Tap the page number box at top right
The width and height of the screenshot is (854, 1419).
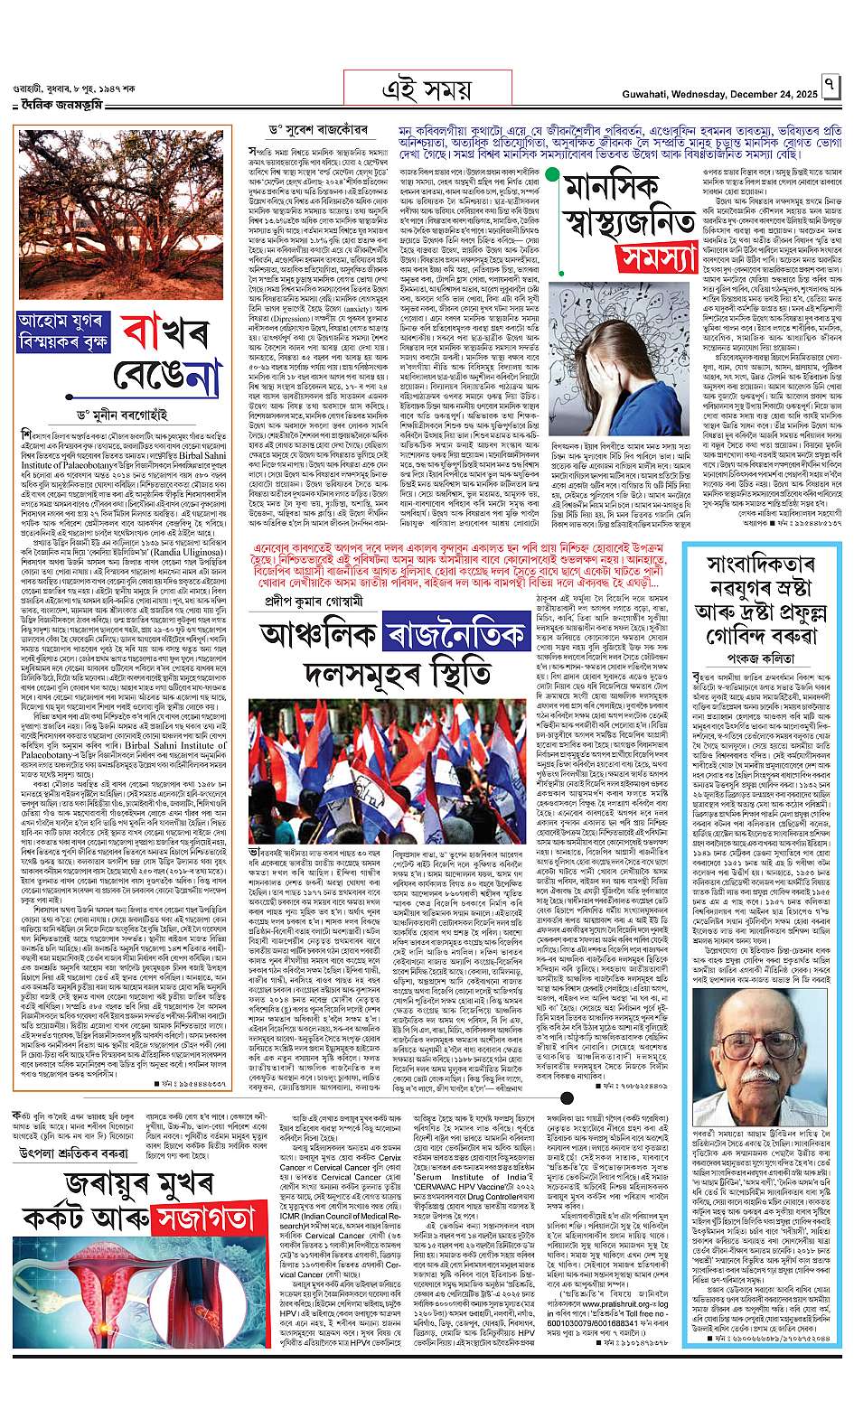(x=831, y=89)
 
